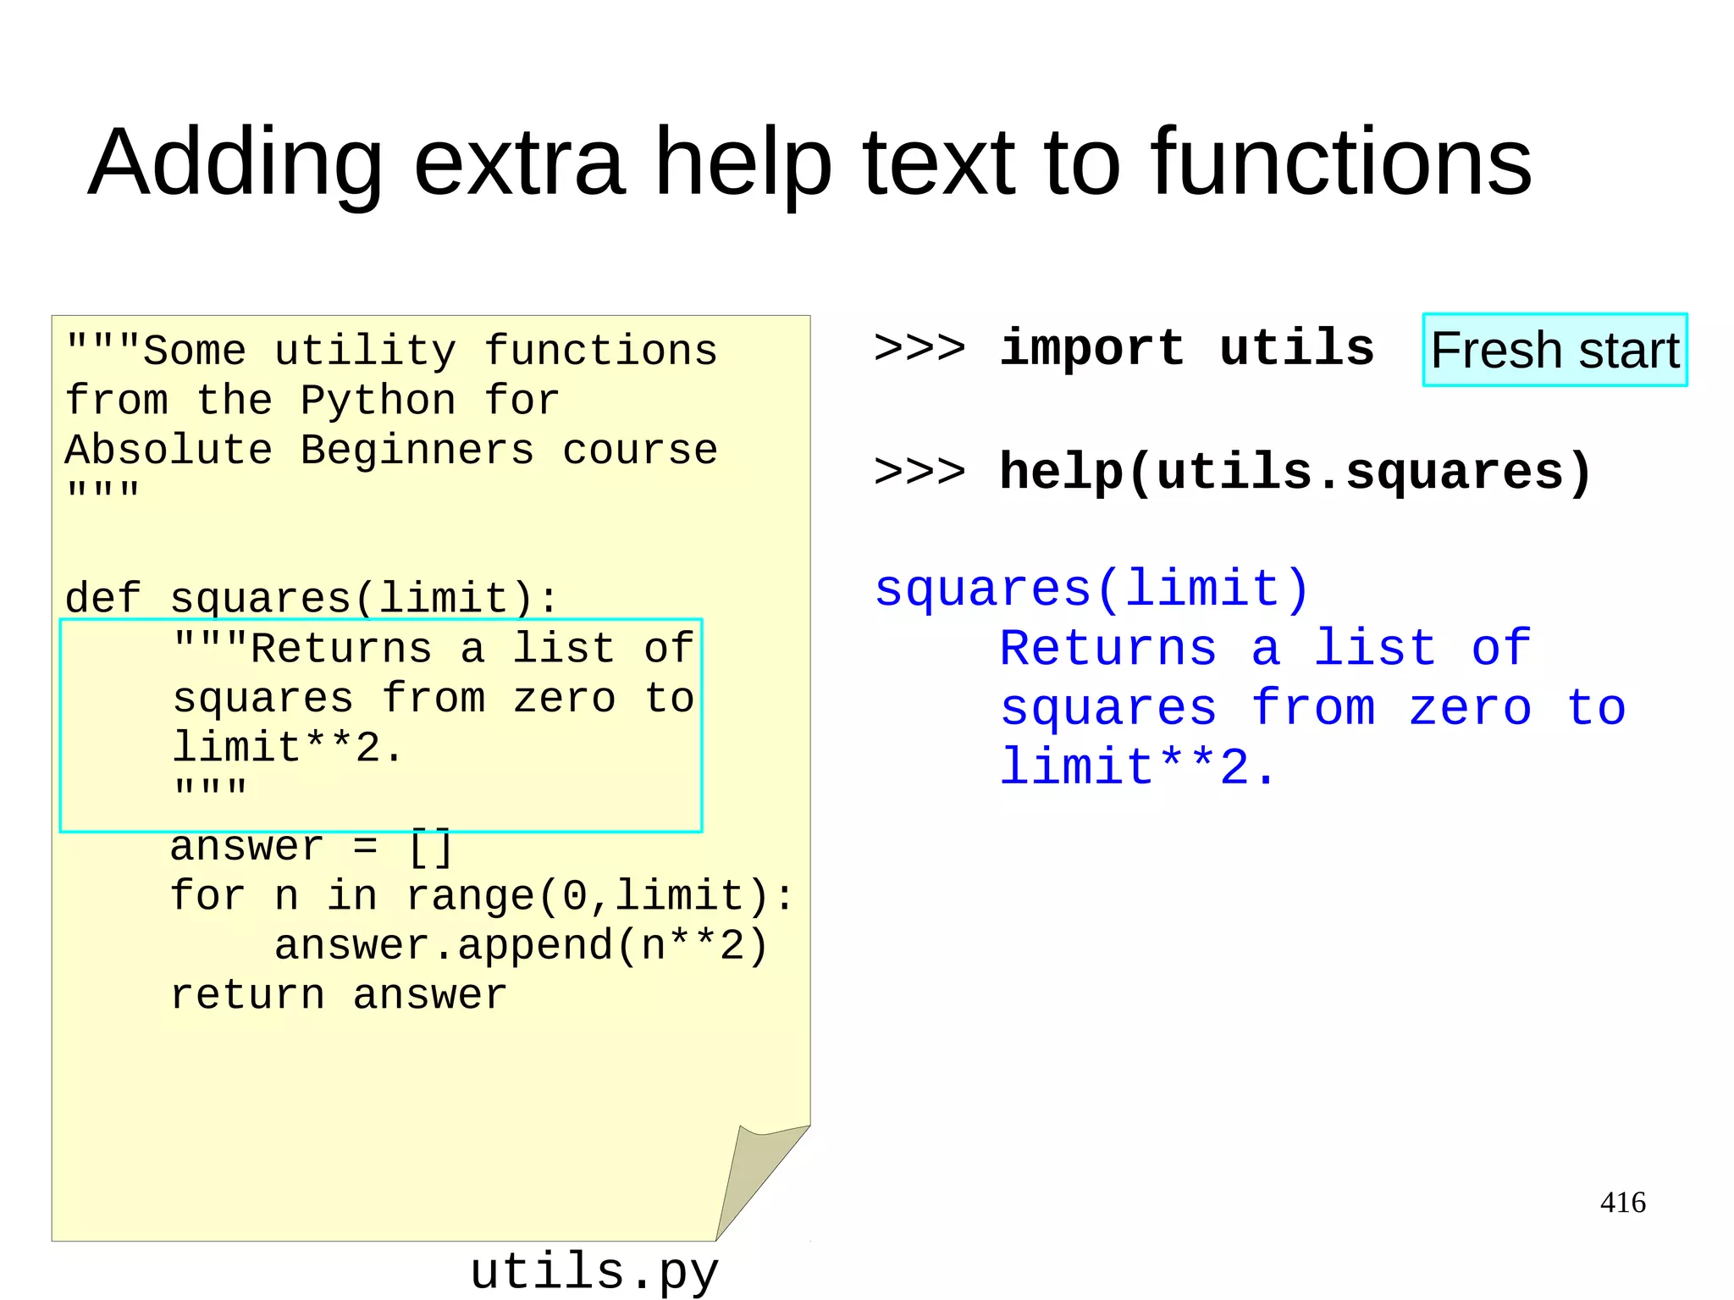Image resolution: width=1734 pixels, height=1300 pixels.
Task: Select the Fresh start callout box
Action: [1555, 350]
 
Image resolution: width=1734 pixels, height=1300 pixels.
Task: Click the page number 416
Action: [1622, 1202]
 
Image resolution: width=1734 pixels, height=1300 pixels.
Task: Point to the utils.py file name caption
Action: [594, 1272]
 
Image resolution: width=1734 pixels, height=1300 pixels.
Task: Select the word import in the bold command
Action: [1091, 348]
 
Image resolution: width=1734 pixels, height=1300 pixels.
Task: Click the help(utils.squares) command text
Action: [1295, 472]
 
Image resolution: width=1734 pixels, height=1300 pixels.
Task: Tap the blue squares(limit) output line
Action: [1092, 589]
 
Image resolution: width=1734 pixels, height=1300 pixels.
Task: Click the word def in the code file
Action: [102, 598]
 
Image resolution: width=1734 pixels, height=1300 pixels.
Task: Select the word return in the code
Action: [247, 995]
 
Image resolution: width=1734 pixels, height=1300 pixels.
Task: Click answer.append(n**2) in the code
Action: [521, 945]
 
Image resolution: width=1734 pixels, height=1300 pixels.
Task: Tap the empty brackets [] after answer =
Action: [431, 847]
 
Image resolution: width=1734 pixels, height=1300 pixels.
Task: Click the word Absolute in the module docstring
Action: [168, 450]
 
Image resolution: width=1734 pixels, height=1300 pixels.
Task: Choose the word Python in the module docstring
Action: [378, 400]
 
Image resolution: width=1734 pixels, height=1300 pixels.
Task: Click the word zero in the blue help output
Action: [1470, 708]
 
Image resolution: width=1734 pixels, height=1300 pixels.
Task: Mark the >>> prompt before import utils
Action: [919, 348]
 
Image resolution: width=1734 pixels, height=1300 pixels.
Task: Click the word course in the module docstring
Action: [639, 450]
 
